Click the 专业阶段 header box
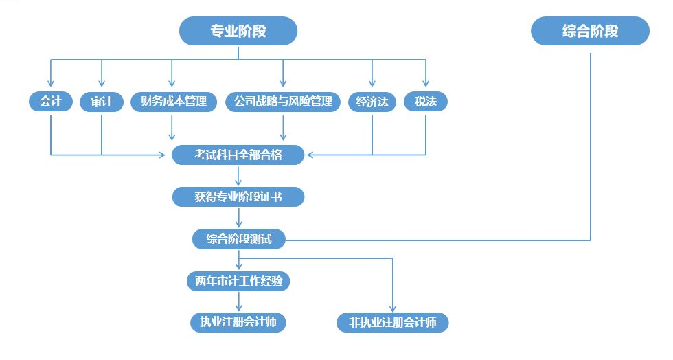coord(238,32)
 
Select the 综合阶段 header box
coord(590,32)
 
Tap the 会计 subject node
coord(50,102)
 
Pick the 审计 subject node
coord(102,102)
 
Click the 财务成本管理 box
coord(173,102)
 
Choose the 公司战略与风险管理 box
coord(283,102)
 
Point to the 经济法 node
coord(372,102)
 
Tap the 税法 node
coord(426,102)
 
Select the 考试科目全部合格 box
coord(238,155)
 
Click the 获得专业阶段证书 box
coord(238,197)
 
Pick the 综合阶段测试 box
coord(239,239)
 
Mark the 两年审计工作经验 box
coord(239,281)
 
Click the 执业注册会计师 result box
coord(238,322)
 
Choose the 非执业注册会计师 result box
coord(393,322)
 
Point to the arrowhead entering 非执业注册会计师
coord(393,308)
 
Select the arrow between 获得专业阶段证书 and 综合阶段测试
coord(239,218)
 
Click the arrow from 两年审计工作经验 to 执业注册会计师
coord(239,302)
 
